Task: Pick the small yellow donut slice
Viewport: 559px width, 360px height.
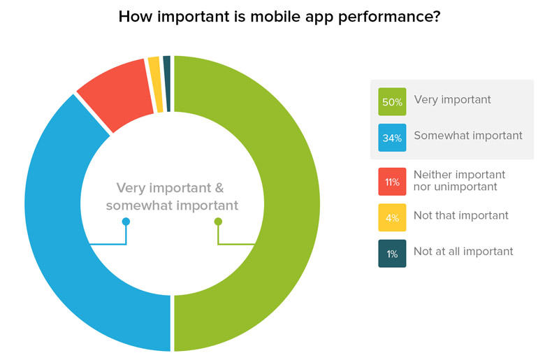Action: [154, 84]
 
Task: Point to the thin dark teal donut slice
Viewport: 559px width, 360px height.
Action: [167, 83]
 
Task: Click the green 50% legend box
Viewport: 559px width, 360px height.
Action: [392, 101]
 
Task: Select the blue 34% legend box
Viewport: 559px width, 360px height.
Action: [392, 138]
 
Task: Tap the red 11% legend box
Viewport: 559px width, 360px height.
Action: [392, 182]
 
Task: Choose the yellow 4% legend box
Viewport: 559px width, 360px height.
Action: [392, 217]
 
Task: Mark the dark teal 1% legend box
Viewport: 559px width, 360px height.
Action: [392, 253]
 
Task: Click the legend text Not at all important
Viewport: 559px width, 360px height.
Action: [463, 251]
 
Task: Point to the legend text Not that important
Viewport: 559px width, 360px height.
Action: [460, 215]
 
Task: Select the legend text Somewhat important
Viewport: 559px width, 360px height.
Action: [468, 136]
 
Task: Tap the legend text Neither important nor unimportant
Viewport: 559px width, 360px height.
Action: [459, 180]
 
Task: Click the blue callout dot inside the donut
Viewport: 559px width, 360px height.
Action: [126, 222]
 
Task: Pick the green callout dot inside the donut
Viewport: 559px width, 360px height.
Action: [218, 222]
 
